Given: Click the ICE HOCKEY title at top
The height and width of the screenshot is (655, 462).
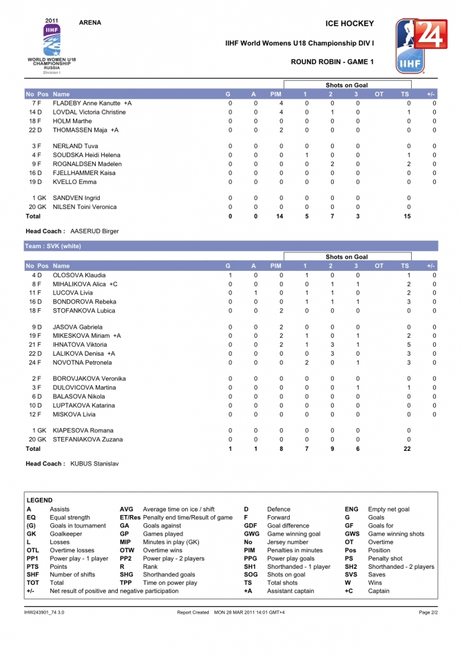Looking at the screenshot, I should [350, 23].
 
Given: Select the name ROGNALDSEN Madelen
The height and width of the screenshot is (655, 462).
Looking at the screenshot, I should [87, 164].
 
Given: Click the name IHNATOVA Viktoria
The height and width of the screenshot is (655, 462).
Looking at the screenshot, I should [80, 344].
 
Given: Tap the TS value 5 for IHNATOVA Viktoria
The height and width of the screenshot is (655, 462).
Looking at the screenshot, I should [408, 344].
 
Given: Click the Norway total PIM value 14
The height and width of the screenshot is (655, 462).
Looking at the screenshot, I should [280, 216].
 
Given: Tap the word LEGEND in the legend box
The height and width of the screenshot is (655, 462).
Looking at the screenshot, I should [39, 500].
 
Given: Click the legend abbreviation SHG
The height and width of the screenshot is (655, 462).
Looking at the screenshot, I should [127, 574].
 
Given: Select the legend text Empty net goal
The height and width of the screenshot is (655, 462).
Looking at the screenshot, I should [388, 509].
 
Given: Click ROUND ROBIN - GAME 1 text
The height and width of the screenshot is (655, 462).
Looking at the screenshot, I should [333, 62].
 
